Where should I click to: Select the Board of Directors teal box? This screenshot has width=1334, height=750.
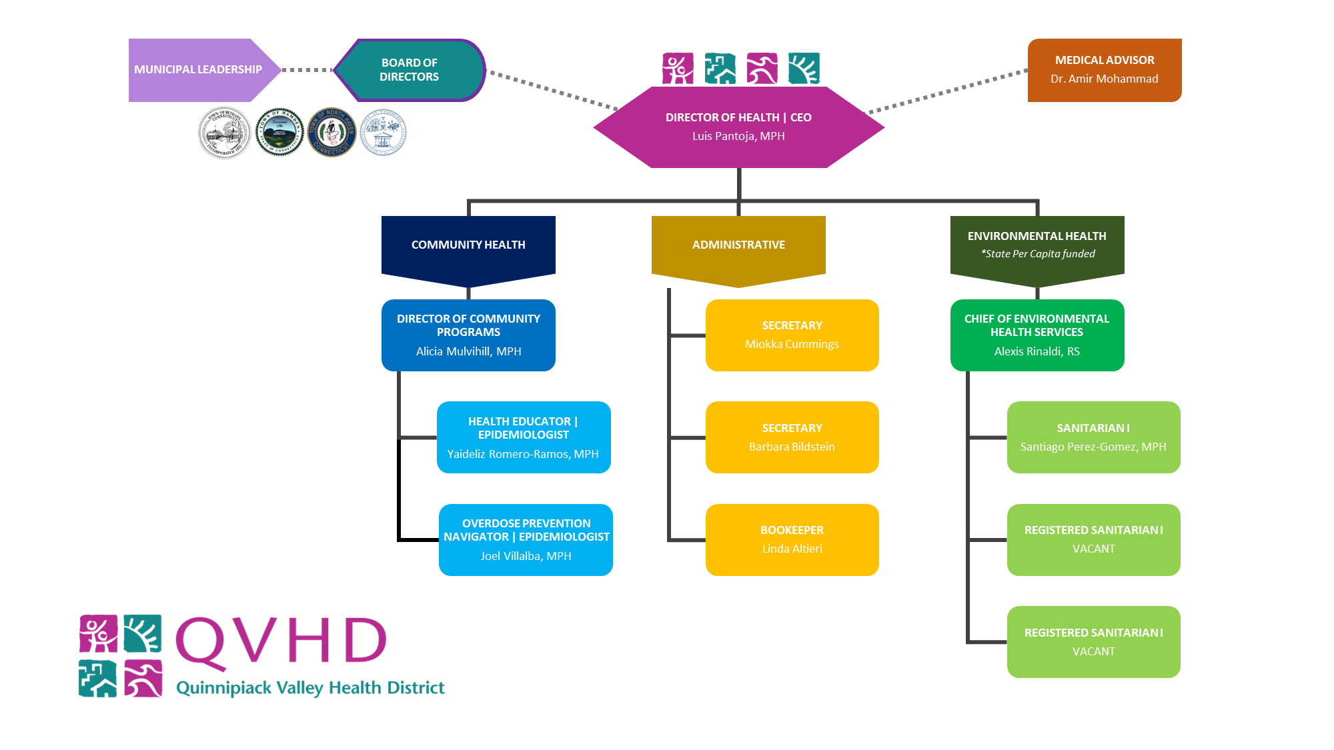point(409,70)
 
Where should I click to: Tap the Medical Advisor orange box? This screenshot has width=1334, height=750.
point(1104,70)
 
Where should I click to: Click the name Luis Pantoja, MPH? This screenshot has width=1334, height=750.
point(738,136)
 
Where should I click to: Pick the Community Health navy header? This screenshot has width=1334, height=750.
point(468,245)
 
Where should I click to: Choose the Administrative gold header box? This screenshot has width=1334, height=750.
point(738,245)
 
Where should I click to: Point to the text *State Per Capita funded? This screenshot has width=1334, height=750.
point(1038,254)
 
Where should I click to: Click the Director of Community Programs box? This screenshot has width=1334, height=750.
point(468,335)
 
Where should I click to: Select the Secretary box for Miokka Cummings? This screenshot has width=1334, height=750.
point(792,335)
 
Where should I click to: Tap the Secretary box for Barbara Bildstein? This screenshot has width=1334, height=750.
point(792,437)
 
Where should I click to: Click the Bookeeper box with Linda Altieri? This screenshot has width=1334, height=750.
point(792,539)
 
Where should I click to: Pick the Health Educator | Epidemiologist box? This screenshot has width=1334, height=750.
point(524,437)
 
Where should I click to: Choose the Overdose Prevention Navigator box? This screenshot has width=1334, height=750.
point(526,539)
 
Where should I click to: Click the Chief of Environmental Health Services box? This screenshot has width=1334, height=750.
point(1037,335)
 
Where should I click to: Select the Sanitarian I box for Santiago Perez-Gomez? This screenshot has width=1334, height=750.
point(1093,437)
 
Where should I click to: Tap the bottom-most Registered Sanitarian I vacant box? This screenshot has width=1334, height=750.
point(1093,641)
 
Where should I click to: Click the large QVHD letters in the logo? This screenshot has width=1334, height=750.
point(281,640)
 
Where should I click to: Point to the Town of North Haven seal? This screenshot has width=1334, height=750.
point(331,132)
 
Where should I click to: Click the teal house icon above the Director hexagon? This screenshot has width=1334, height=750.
point(720,69)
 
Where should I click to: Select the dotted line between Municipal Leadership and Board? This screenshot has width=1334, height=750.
point(307,69)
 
